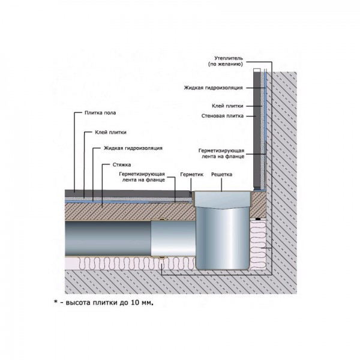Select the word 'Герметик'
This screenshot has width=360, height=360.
point(193,175)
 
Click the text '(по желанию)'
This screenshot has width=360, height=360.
point(224,64)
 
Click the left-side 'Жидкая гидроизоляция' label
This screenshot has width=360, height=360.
point(133,148)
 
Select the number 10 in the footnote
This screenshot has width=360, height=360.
point(134,304)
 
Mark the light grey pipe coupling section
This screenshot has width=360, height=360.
point(171,237)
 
